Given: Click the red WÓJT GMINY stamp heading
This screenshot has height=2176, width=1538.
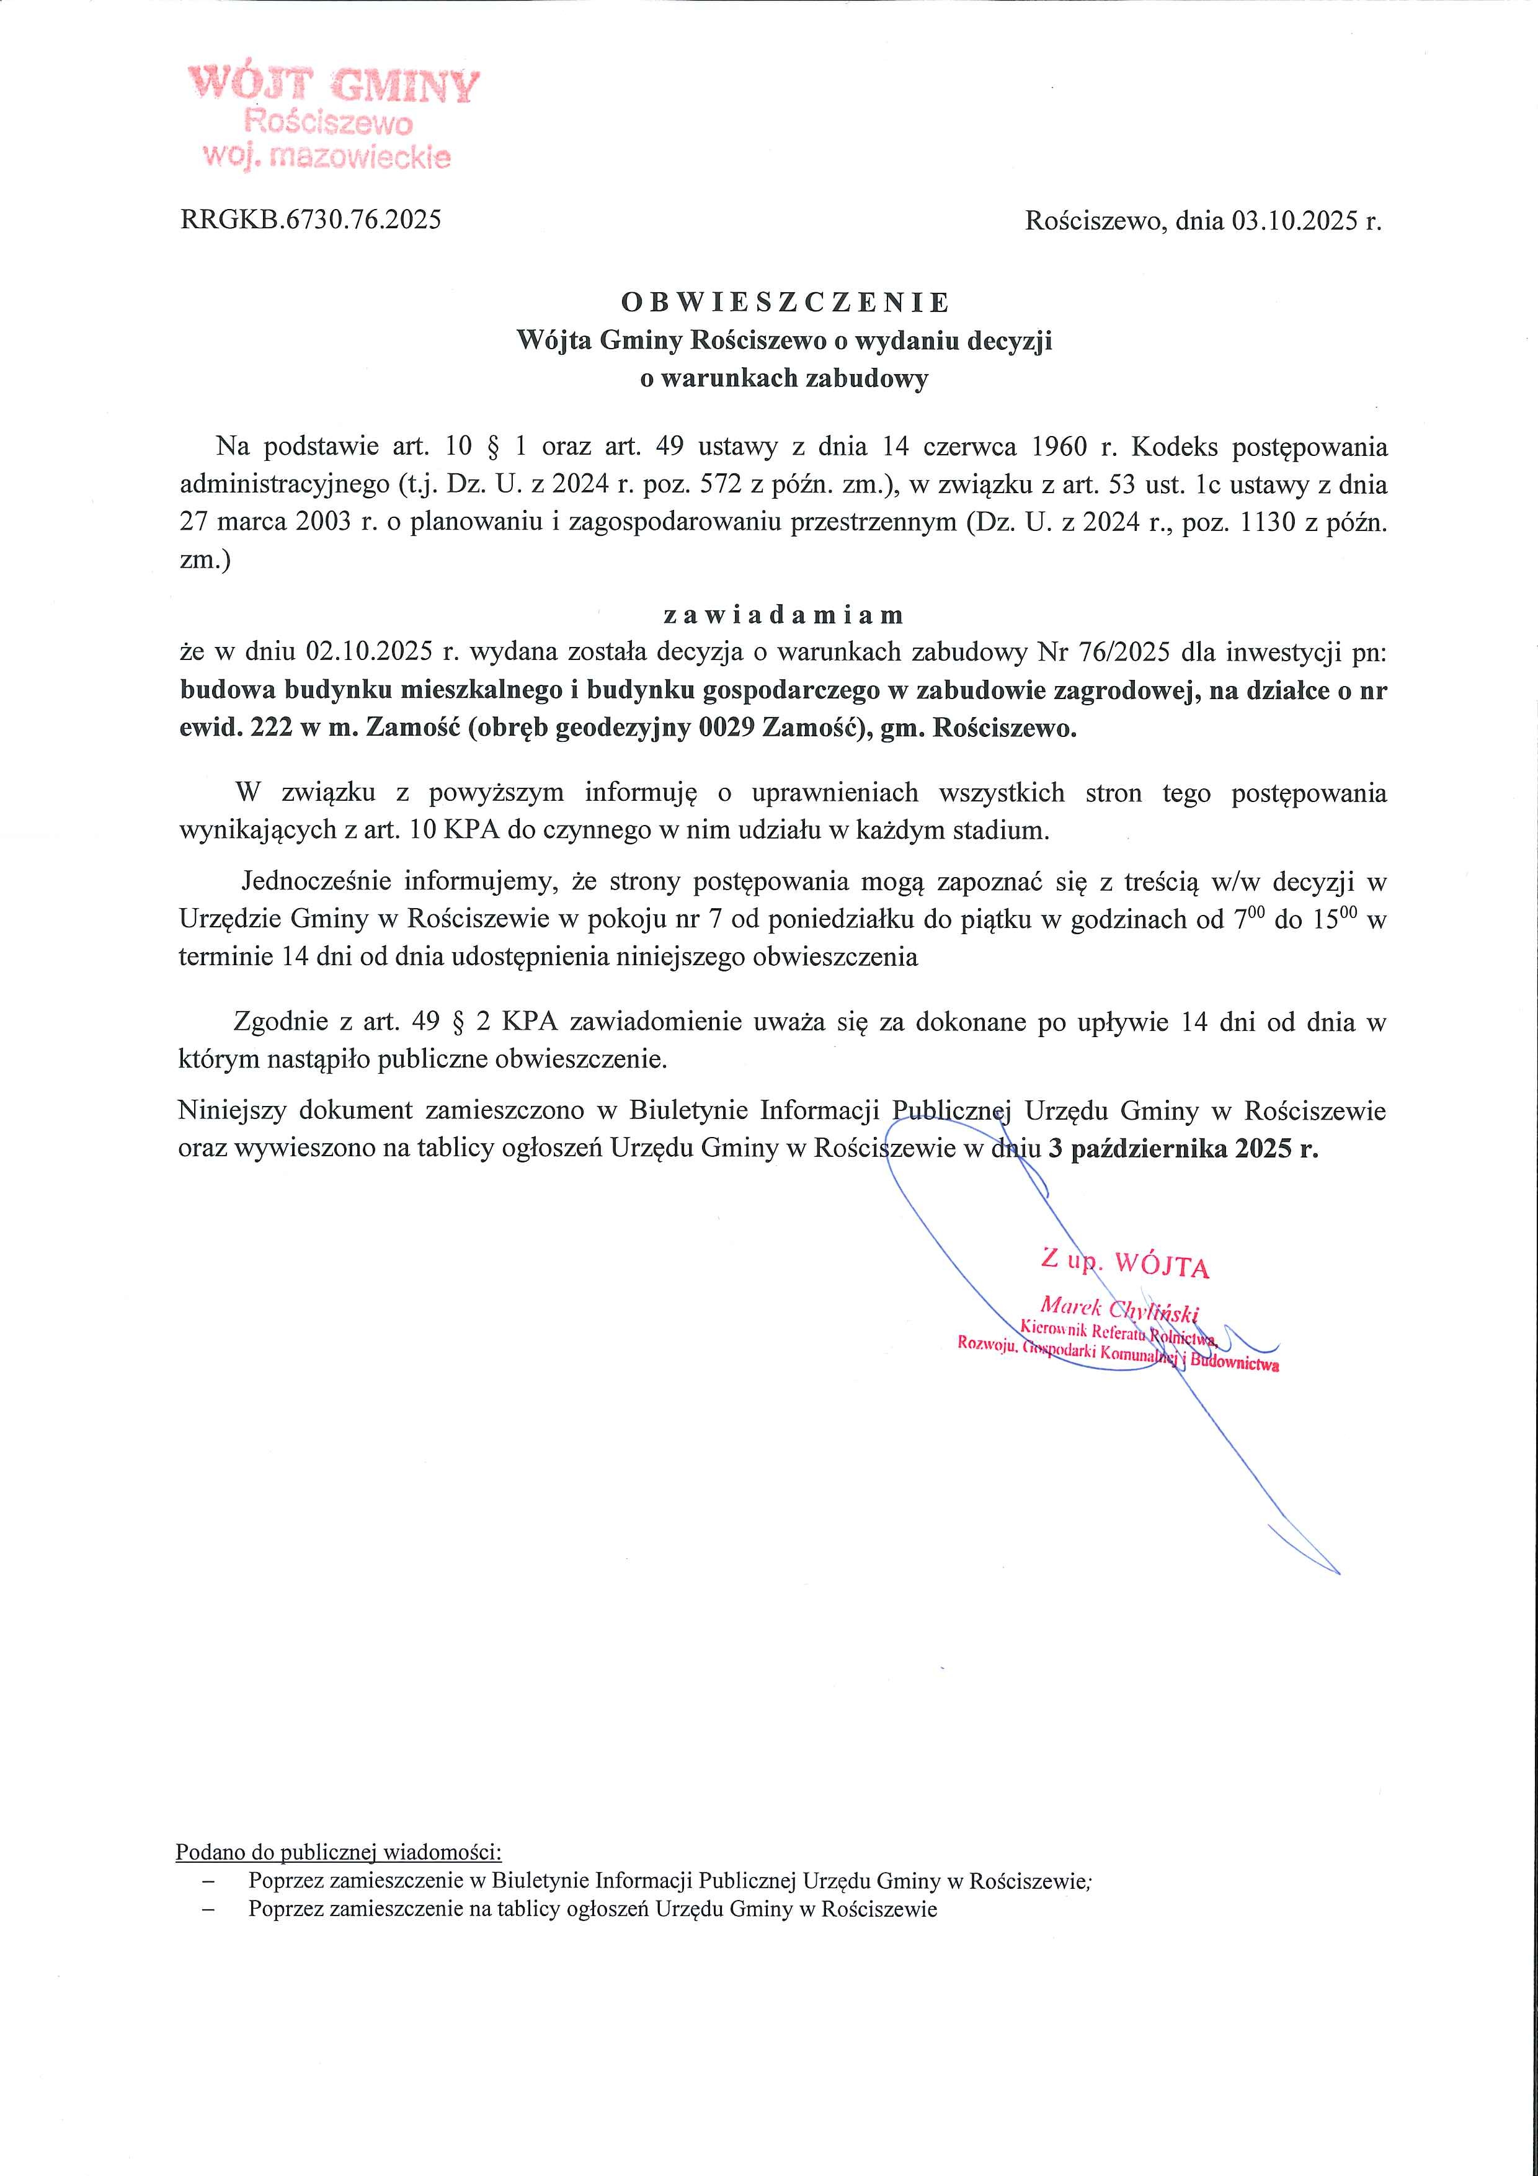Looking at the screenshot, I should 334,86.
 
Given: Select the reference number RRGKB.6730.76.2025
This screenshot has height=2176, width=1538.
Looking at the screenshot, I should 311,221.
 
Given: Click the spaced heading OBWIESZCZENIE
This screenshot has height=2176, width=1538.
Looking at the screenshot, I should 785,302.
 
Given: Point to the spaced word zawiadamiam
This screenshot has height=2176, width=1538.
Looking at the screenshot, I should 784,615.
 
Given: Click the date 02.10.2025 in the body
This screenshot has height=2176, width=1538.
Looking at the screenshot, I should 370,653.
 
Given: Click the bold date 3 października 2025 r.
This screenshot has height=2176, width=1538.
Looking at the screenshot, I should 1184,1149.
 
